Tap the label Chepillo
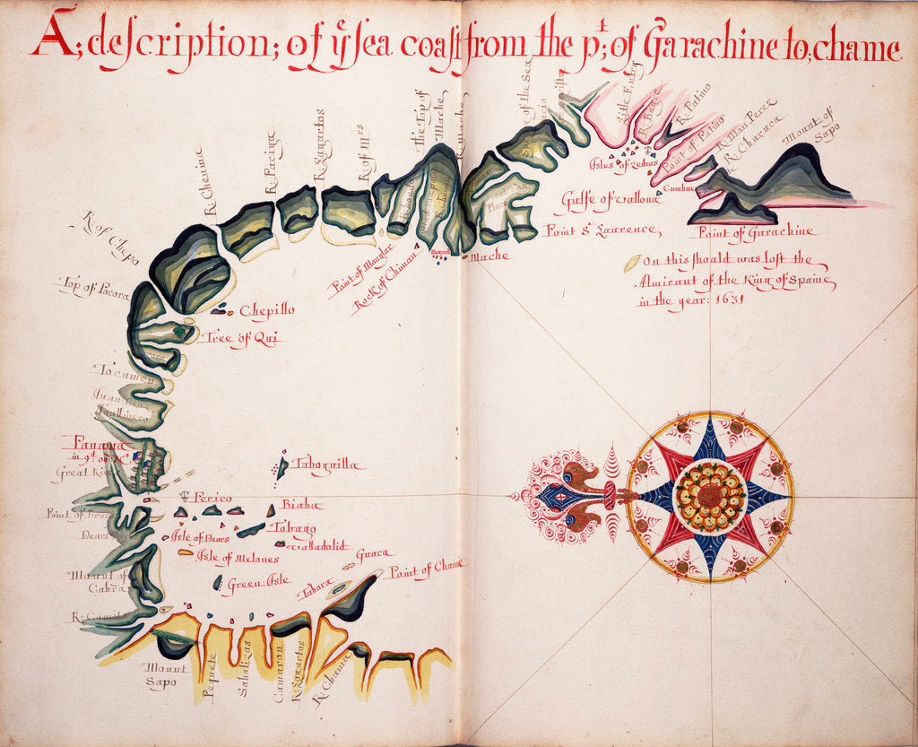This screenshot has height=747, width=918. pos(266,310)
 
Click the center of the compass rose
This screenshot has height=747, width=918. pos(710,496)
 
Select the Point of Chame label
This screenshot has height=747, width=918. pos(426,567)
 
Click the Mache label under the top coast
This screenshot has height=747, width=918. pos(489,256)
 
